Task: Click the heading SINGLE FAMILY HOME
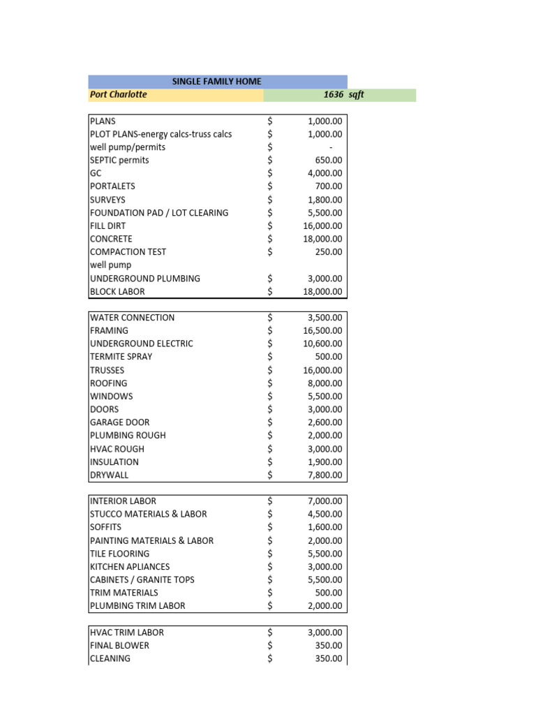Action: [216, 82]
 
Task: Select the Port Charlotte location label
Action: [119, 94]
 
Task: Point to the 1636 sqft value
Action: [343, 95]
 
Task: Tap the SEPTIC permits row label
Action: [119, 160]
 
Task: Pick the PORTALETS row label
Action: [112, 186]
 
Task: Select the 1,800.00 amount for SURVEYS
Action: [325, 200]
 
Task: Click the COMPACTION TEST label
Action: [128, 252]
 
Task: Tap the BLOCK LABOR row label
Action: [117, 292]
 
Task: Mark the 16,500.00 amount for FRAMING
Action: [322, 330]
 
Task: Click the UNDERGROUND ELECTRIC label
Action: [142, 344]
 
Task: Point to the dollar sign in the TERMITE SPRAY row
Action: [271, 357]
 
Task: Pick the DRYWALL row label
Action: [110, 475]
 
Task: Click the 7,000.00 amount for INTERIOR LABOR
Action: [325, 501]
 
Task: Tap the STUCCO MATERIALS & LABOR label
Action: [149, 514]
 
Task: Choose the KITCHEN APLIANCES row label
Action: [130, 567]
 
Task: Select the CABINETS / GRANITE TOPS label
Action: [142, 580]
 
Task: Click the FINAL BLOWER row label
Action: [119, 645]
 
